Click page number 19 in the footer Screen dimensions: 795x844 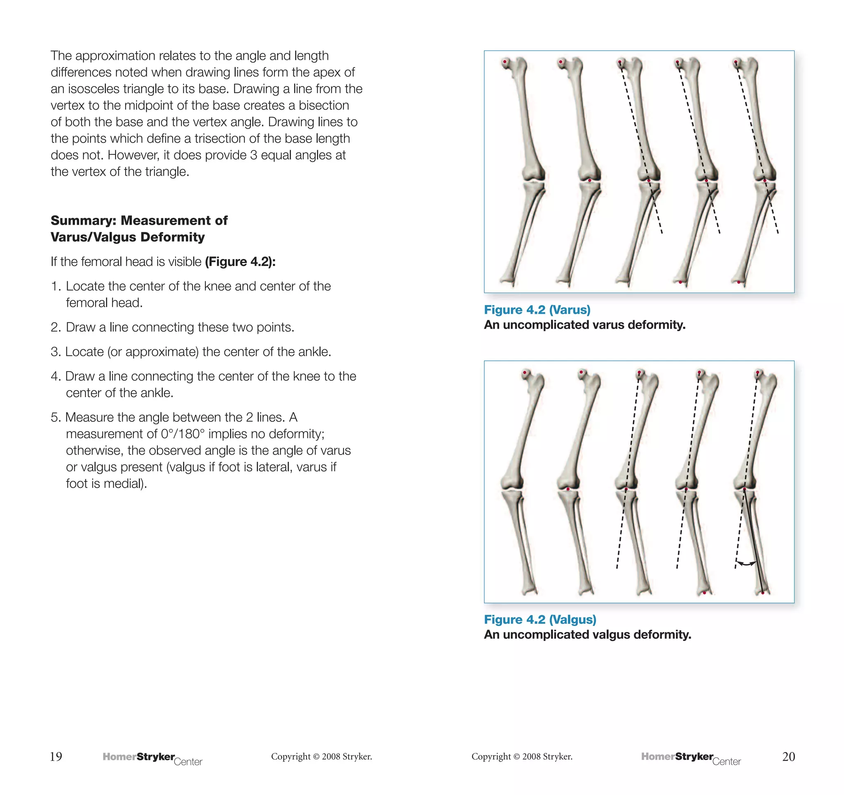tap(56, 756)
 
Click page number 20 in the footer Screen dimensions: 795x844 tap(788, 756)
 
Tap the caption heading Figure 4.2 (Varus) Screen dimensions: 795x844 tap(537, 310)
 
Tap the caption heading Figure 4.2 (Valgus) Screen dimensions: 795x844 tap(540, 619)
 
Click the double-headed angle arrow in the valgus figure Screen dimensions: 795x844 tap(746, 564)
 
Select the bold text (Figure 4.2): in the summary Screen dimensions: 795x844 tap(240, 261)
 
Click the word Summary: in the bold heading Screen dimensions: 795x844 tap(83, 221)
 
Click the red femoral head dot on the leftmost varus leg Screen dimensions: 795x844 tap(505, 62)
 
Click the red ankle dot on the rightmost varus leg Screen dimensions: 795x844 tap(739, 282)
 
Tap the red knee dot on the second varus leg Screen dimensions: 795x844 tap(589, 181)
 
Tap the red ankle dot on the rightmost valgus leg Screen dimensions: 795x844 tap(762, 593)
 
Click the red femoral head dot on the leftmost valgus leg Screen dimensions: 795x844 tap(525, 372)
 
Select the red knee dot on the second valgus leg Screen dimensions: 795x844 tap(568, 489)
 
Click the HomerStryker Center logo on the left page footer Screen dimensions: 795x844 tap(152, 758)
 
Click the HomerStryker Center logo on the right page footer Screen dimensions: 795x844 tap(691, 758)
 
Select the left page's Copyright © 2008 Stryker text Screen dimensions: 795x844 tap(321, 756)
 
